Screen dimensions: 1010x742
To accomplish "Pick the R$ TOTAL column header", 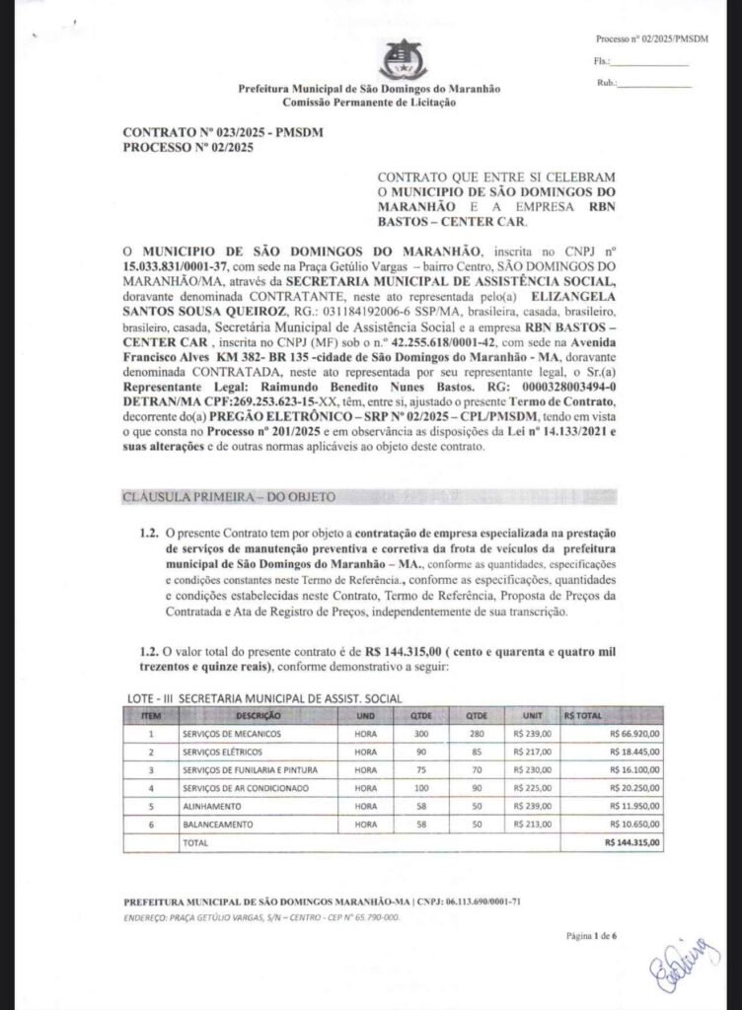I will click(583, 714).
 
